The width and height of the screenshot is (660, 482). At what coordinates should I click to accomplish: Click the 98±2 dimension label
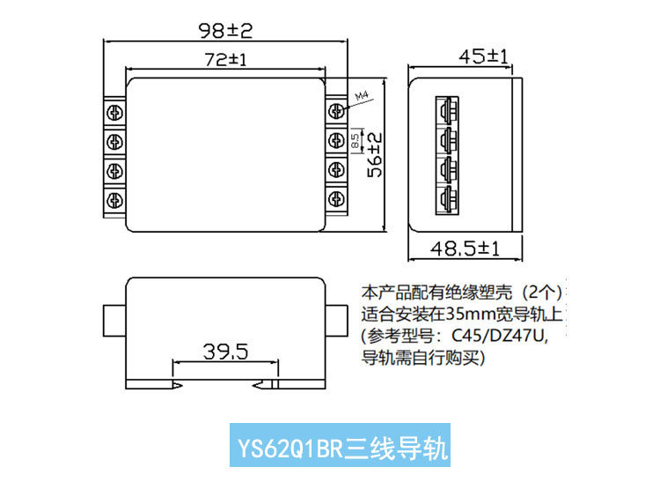(225, 31)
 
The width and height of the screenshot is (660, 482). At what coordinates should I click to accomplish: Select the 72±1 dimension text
(225, 59)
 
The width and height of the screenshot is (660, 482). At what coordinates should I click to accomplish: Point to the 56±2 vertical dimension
(375, 154)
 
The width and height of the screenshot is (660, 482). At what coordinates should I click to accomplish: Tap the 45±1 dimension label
(483, 56)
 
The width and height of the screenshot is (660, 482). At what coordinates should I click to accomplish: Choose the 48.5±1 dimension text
(465, 248)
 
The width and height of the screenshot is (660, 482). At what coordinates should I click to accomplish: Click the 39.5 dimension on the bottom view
(225, 352)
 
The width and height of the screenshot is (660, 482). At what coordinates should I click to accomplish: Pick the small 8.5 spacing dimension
(356, 141)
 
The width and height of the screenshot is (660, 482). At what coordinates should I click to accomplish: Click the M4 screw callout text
(362, 96)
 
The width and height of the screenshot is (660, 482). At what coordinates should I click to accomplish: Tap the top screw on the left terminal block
(114, 113)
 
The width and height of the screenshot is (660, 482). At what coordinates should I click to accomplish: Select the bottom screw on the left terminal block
(114, 200)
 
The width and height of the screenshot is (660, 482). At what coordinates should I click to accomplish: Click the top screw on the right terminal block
(336, 111)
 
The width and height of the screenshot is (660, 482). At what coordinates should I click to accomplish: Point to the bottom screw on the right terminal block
(336, 198)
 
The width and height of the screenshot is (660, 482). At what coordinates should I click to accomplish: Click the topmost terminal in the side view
(447, 111)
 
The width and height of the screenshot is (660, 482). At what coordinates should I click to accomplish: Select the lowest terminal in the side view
(447, 199)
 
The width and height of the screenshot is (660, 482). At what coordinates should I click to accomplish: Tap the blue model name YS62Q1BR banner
(340, 445)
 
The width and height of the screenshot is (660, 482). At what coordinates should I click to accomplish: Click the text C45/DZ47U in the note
(499, 336)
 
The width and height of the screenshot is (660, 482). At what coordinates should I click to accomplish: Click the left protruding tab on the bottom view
(114, 321)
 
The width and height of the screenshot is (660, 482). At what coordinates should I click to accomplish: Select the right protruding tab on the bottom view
(336, 321)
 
